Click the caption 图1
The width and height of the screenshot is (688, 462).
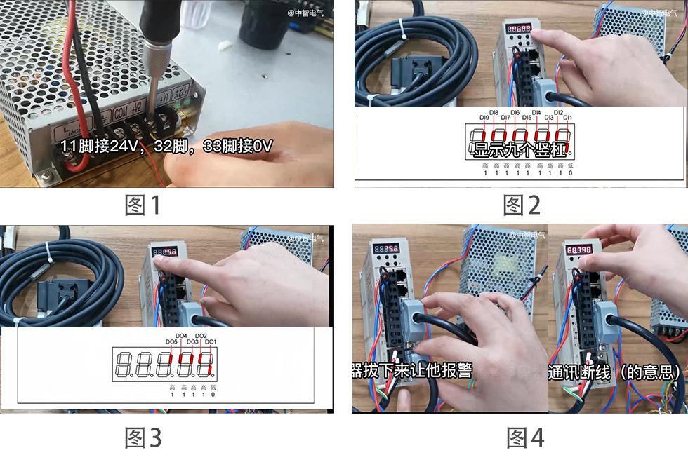[x=143, y=205]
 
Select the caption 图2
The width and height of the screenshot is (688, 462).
[x=522, y=205]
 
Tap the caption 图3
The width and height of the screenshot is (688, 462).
[x=143, y=438]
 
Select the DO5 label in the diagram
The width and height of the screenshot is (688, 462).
[x=171, y=341]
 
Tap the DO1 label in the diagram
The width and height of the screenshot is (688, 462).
[x=210, y=341]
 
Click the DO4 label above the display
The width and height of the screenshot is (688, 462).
[x=181, y=336]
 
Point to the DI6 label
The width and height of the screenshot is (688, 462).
[x=515, y=112]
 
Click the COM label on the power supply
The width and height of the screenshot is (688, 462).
[x=121, y=111]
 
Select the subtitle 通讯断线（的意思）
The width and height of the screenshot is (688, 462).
[x=615, y=372]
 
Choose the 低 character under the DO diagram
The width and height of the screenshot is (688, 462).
[x=213, y=387]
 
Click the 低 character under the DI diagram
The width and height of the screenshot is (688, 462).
[x=569, y=165]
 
